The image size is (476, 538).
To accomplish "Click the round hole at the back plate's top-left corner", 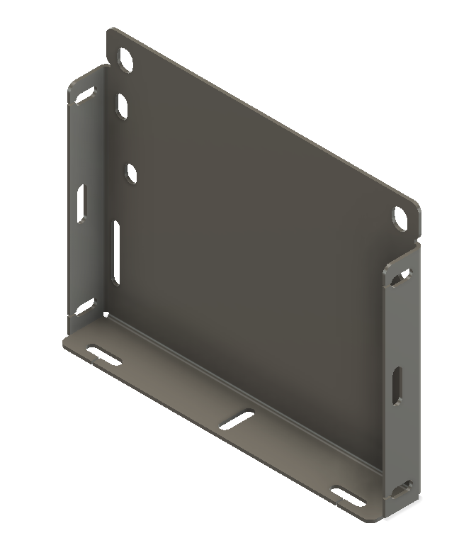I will coord(125,60).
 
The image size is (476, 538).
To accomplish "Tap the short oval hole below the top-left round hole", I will coord(123,107).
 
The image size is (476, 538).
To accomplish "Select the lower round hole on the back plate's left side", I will coord(132,173).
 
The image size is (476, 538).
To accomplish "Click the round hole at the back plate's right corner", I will coord(401,217).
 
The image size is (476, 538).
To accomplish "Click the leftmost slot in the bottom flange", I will coord(104,356).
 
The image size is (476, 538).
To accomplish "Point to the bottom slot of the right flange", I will coord(402,488).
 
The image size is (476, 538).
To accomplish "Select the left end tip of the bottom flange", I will coord(66,343).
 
